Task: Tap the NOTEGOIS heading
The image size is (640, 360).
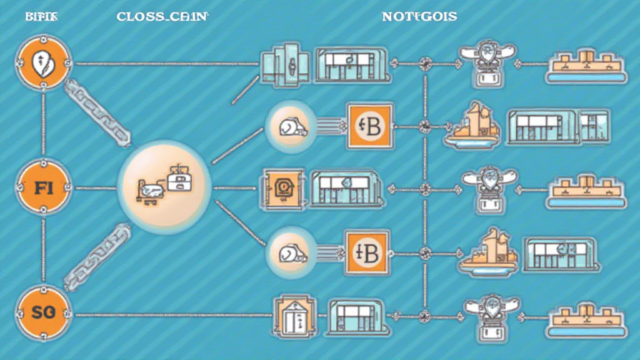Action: [419, 17]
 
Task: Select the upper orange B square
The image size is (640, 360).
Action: [368, 126]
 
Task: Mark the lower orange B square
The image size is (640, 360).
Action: [368, 251]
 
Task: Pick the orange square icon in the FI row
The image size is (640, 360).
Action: [283, 187]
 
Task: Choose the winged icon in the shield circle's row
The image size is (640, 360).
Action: [487, 60]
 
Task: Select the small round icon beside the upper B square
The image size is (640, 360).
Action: [290, 127]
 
